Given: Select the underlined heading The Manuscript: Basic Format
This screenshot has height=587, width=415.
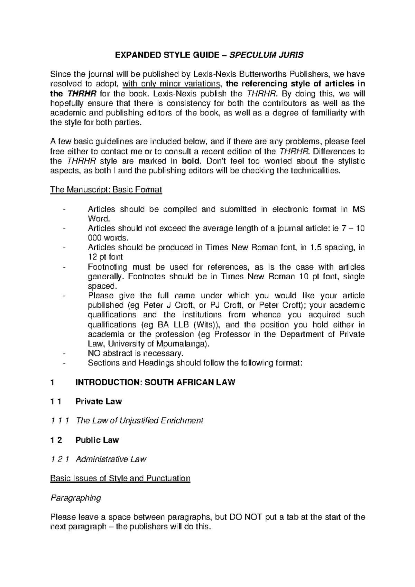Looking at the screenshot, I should tap(106, 190).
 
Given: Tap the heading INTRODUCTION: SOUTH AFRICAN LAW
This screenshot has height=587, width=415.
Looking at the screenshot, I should tap(155, 382).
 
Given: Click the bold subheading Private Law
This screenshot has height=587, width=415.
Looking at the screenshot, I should tap(99, 401).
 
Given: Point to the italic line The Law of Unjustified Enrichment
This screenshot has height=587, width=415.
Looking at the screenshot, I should tap(139, 421).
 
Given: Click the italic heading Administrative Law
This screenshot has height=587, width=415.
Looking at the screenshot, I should tap(111, 459).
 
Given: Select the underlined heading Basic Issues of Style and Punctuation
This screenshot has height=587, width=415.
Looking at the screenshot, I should tap(120, 478).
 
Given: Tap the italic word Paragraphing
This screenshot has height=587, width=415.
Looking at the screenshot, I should tap(76, 498).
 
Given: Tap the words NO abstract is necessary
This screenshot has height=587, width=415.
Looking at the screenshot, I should tap(135, 353).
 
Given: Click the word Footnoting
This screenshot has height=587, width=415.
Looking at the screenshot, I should tap(108, 267).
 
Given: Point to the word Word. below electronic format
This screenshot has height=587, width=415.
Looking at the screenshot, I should tap(98, 218).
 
